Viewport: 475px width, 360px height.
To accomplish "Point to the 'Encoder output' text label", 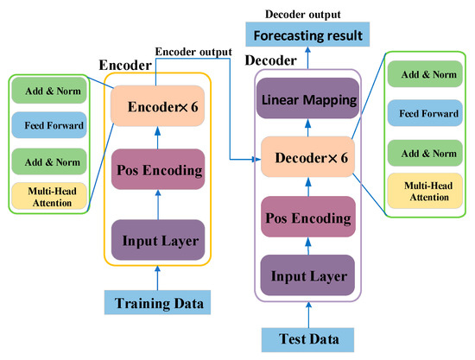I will (x=193, y=52).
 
